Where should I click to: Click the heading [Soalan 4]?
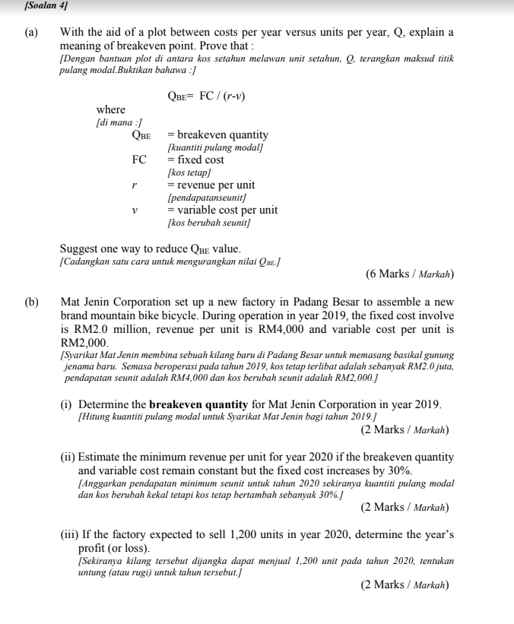tap(47, 6)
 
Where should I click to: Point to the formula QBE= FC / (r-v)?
tap(206, 97)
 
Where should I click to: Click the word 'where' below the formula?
tap(111, 110)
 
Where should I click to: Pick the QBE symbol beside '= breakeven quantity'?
tap(141, 135)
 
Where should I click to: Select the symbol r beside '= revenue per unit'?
tap(135, 185)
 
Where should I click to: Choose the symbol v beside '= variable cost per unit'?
tap(135, 210)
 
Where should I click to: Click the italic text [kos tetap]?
tap(189, 173)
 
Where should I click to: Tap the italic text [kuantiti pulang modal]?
tap(216, 147)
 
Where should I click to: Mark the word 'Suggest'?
tap(79, 249)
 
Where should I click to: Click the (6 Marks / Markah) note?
tap(409, 274)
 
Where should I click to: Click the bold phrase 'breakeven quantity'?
tap(194, 404)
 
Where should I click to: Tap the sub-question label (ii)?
tap(68, 457)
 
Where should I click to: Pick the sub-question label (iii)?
tap(70, 535)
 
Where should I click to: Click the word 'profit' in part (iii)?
tap(94, 548)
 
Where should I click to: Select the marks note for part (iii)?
tap(405, 585)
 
